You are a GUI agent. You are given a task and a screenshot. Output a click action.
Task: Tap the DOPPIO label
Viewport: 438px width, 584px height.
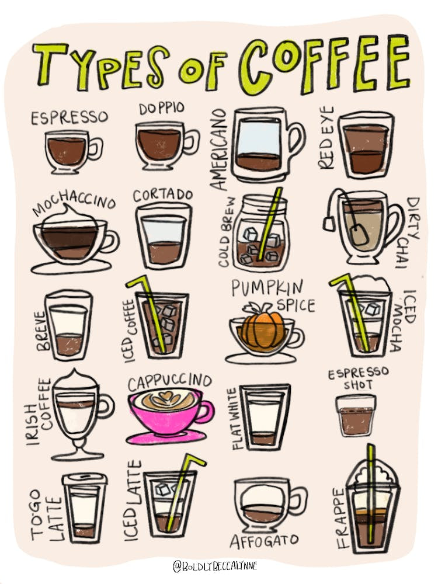(162, 109)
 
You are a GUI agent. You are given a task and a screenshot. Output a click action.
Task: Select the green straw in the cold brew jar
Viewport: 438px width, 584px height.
(270, 222)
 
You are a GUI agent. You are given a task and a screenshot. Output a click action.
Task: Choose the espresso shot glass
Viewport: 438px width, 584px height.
(355, 415)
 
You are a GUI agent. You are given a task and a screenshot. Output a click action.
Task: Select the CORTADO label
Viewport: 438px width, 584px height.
(163, 194)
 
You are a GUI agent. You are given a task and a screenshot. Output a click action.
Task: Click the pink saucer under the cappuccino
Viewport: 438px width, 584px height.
(166, 437)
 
